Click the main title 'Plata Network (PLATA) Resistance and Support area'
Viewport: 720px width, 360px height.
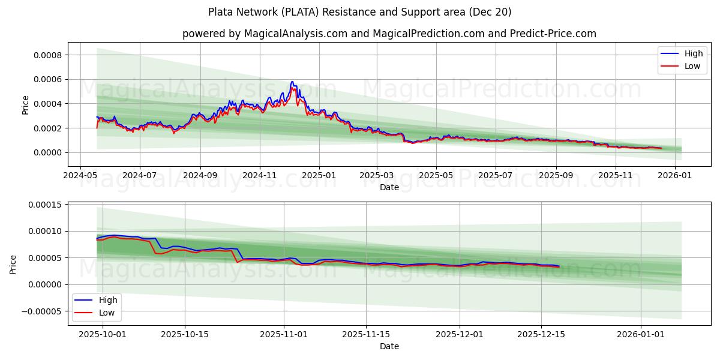tap(360, 12)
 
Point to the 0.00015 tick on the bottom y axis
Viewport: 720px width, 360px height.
tap(46, 205)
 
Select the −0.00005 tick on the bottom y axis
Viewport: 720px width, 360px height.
tap(43, 311)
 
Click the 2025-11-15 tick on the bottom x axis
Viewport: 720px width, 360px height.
tap(366, 334)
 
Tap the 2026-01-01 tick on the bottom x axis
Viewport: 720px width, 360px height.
tap(641, 334)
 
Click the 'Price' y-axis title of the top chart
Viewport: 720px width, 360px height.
tap(25, 104)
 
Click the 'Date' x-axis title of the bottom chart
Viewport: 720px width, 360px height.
tap(389, 346)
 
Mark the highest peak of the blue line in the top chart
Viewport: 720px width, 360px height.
tap(292, 82)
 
